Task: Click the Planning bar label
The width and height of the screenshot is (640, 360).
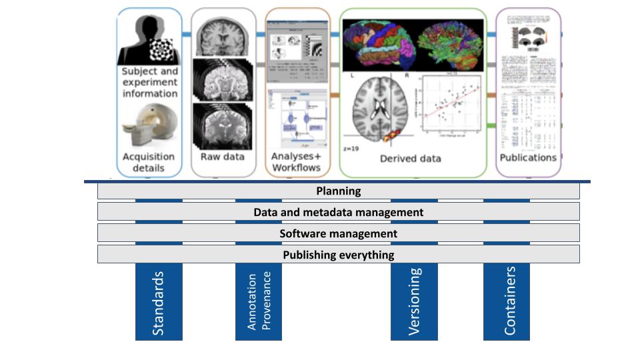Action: click(338, 191)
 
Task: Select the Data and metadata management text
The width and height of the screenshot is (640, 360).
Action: click(338, 212)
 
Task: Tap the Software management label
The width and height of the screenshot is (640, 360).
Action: click(338, 233)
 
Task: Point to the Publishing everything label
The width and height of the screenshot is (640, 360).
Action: click(338, 255)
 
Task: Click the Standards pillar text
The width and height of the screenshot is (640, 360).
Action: click(159, 302)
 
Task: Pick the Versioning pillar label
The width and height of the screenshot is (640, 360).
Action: click(414, 301)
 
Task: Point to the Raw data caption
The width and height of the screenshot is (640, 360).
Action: click(223, 157)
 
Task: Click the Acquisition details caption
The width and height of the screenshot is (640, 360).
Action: click(149, 162)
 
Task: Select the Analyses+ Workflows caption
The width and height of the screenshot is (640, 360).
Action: click(297, 162)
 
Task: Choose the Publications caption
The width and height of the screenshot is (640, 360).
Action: click(528, 157)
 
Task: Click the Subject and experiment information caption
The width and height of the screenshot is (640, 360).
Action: click(150, 82)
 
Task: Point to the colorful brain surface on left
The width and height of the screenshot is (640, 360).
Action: click(377, 41)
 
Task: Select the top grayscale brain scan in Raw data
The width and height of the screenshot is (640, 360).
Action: click(223, 36)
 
